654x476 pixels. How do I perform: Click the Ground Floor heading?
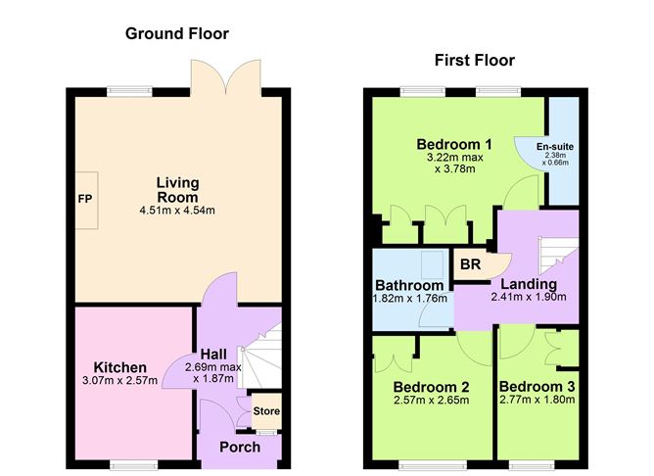point(177,34)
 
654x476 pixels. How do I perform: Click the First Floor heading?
point(474,61)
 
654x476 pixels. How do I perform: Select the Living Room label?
point(177,190)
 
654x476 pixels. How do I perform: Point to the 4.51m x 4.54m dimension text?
point(177,210)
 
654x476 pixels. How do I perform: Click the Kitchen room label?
point(120,366)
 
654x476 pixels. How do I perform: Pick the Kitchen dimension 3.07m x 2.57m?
point(120,381)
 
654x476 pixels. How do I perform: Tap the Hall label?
point(213,354)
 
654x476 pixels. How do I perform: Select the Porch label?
point(240,448)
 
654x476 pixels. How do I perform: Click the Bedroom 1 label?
point(453,145)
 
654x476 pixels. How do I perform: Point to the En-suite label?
point(555,147)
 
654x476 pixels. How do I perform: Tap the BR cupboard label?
point(470,264)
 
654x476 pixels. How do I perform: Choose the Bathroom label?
point(410,286)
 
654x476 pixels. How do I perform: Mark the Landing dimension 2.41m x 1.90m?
point(529,298)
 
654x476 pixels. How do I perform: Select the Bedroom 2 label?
point(430,386)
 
